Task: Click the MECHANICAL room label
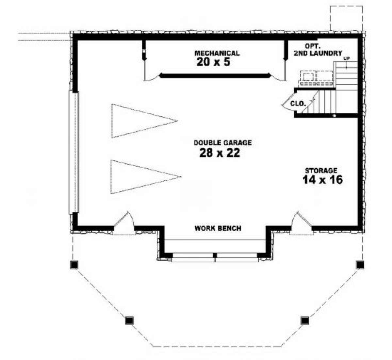(x=217, y=53)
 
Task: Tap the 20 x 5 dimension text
(x=213, y=62)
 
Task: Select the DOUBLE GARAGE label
(x=222, y=143)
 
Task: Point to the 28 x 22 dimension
(x=220, y=153)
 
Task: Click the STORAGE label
(x=321, y=171)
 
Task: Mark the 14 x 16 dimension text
(x=322, y=180)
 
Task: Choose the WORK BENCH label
(x=218, y=228)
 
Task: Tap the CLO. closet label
(x=298, y=104)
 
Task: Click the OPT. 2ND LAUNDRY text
(x=318, y=50)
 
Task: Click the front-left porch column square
(x=130, y=320)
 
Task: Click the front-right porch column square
(x=304, y=320)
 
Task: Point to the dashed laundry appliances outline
(x=316, y=79)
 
